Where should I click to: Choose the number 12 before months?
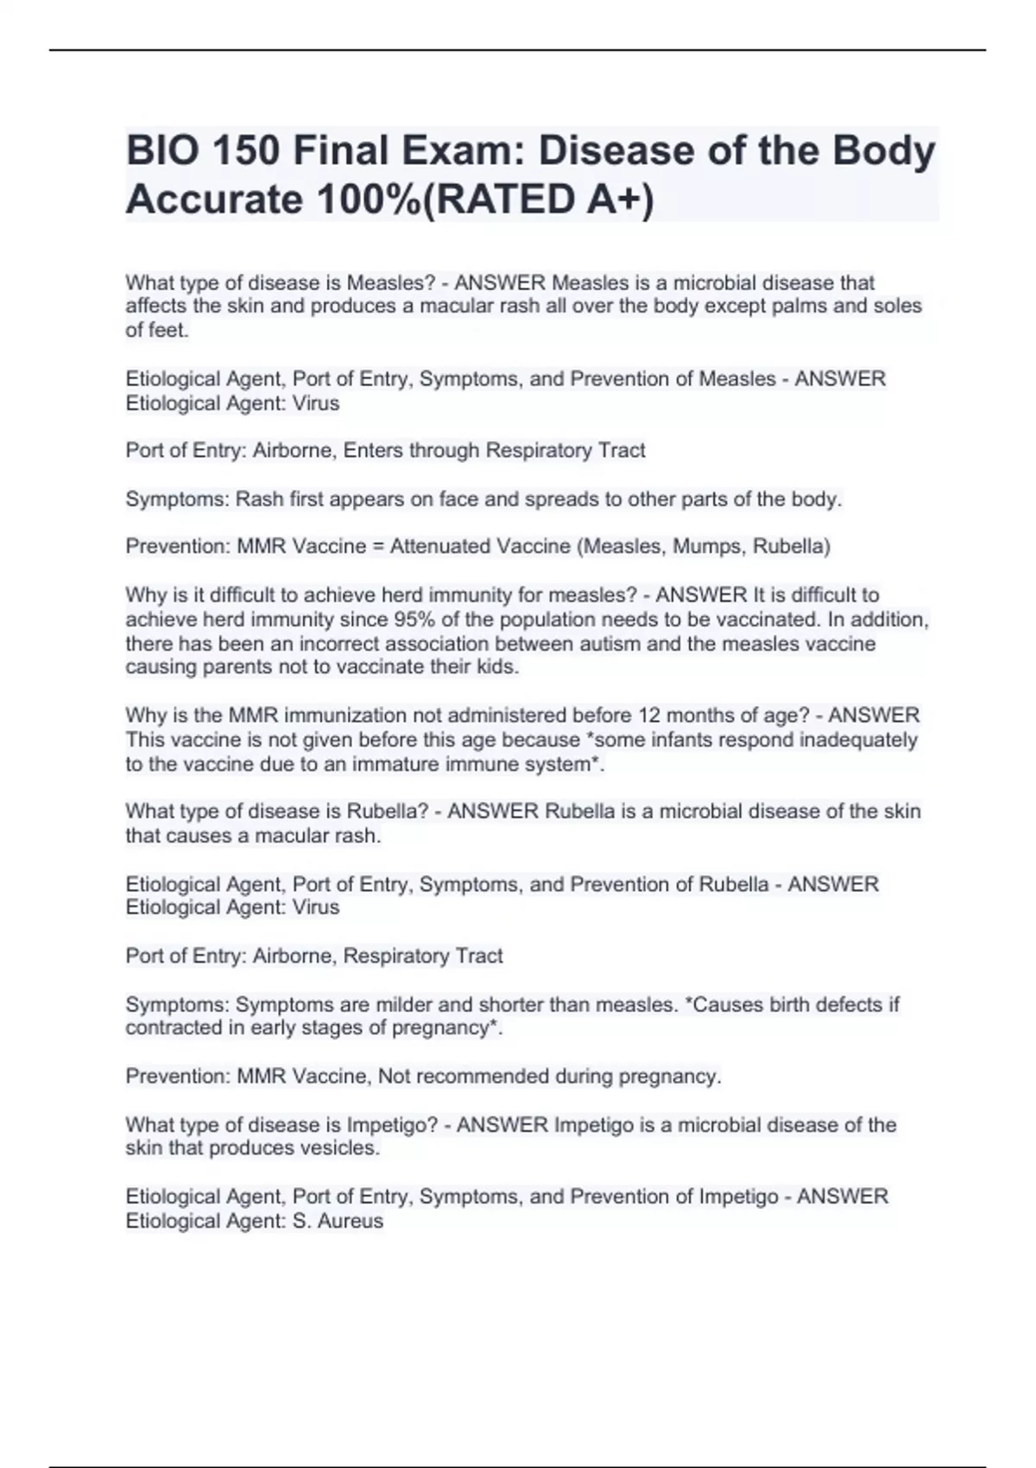649,716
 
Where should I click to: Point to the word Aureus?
351,1221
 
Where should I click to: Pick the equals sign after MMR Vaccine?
378,547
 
